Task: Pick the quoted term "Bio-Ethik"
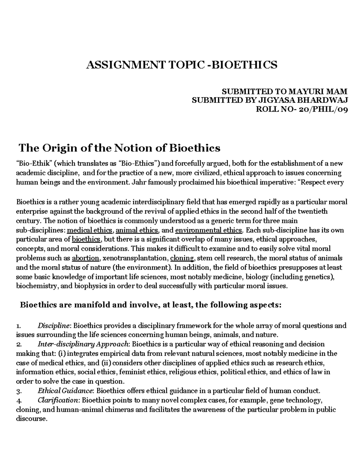point(35,164)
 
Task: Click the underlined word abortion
point(86,258)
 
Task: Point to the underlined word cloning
point(182,258)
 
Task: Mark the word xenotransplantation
point(135,258)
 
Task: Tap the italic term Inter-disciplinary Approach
point(83,344)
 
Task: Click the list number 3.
point(19,391)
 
